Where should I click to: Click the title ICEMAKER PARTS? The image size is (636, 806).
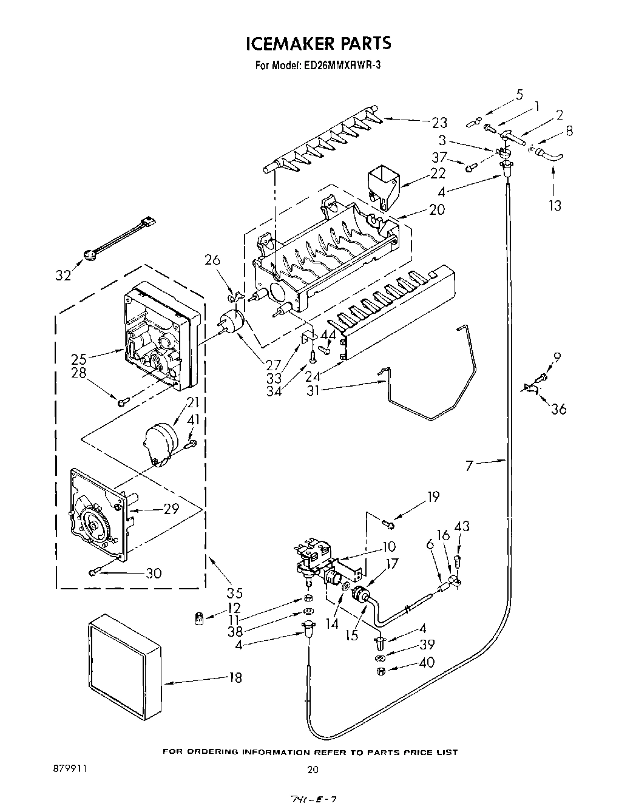(318, 43)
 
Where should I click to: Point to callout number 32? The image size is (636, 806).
(63, 275)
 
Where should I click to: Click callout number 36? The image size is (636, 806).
(558, 408)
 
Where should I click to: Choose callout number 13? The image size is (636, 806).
(554, 205)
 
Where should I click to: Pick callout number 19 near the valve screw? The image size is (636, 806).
(432, 497)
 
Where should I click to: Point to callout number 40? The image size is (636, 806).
(427, 663)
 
